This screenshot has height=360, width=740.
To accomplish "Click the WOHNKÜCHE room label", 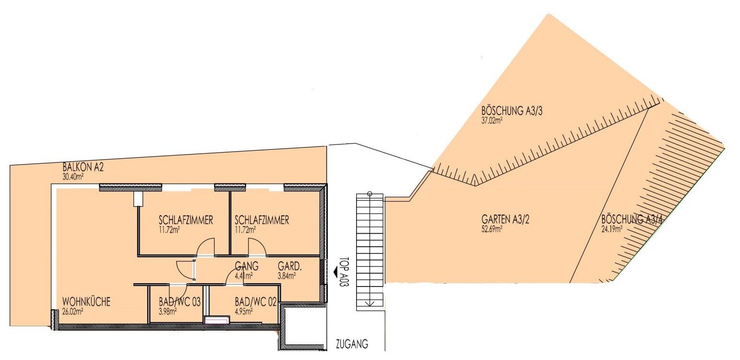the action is click(86, 302).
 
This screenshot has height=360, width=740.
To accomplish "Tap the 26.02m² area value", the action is click(72, 311).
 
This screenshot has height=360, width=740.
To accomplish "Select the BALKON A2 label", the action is click(83, 168).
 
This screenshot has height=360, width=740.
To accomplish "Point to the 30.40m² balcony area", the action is click(72, 177).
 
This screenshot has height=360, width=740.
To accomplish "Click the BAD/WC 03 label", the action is click(179, 302).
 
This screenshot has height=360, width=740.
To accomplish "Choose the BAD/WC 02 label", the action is click(256, 302).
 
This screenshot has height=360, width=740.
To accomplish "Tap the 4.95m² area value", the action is click(244, 311).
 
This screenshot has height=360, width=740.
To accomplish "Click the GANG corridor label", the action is click(247, 266).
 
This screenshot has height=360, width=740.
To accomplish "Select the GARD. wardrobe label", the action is click(290, 266).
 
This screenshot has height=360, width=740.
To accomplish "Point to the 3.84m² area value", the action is click(287, 275).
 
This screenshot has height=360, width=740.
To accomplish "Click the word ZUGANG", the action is click(352, 345).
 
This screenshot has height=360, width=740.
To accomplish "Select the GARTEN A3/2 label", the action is click(505, 219).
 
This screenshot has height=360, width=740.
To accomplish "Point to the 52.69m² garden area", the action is click(492, 228).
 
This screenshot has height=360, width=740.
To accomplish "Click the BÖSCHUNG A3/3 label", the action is click(512, 111).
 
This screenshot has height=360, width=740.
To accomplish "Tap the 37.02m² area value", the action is click(492, 120).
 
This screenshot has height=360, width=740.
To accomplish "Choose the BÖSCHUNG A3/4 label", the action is click(632, 219).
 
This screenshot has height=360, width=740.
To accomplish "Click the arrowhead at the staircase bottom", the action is click(370, 304).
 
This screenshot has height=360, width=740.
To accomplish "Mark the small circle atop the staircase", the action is click(370, 194).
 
